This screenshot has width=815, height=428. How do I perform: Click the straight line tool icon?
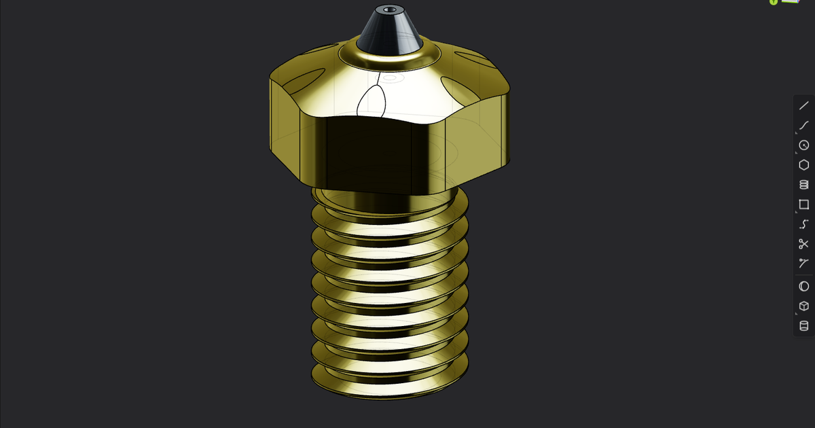coord(803,105)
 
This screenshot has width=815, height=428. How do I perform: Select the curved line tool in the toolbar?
coord(803,125)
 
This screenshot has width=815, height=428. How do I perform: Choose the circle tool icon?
coord(803,145)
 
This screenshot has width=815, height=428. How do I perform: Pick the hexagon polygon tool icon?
coord(803,164)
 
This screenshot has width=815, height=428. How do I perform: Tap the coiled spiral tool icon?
coord(803,184)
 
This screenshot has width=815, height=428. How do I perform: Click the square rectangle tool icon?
coord(803,204)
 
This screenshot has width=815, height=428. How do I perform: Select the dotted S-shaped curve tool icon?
coord(803,224)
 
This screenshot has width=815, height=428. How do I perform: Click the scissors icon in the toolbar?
coord(803,244)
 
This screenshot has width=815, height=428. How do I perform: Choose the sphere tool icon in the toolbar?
coord(803,286)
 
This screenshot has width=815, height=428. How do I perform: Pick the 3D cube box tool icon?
coord(803,306)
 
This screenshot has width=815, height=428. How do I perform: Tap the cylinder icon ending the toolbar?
coord(803,326)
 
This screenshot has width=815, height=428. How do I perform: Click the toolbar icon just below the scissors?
coord(803,264)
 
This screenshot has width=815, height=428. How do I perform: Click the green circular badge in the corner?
coord(774,2)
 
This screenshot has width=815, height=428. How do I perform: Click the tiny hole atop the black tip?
coord(389,10)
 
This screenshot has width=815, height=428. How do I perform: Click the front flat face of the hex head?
coord(370,153)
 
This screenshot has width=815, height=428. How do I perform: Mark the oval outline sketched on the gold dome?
coord(371,102)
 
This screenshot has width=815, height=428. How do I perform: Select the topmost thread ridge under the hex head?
coord(389,204)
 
